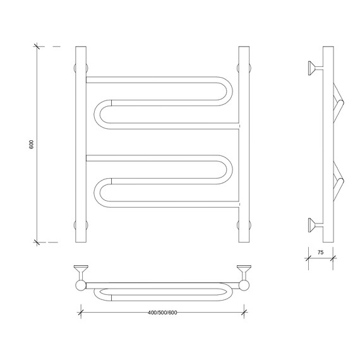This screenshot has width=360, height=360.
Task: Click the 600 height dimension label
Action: pos(31,144)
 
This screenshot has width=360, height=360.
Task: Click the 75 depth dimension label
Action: pos(320,253)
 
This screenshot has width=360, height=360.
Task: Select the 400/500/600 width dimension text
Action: pos(162,313)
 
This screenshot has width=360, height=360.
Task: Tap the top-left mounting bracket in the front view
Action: pos(81,68)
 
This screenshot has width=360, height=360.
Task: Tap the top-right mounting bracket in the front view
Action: pos(244,68)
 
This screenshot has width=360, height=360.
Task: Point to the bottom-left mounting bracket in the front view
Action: pos(81,225)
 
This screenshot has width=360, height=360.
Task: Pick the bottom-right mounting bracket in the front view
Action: pos(244,225)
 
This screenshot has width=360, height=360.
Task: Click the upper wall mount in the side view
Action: pos(315,68)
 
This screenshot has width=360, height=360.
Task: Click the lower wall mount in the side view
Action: pos(315,225)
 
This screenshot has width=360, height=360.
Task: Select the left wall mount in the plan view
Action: pos(81,272)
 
